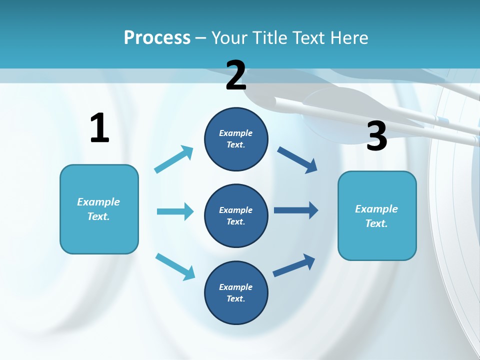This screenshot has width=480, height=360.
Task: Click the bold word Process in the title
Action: [x=157, y=38]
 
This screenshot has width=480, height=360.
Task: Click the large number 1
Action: [x=99, y=128]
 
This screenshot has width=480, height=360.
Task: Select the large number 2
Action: [x=236, y=76]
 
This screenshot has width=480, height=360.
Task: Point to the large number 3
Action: [x=376, y=136]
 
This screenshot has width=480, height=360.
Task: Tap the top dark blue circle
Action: [x=236, y=139]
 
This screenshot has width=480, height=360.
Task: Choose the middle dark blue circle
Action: [x=236, y=215]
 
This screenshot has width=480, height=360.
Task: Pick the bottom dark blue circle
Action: [x=236, y=292]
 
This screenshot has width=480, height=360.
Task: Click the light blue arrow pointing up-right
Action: [x=174, y=159]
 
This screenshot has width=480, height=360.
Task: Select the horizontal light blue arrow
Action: [x=175, y=211]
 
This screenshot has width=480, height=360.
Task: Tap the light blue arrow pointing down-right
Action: [x=175, y=266]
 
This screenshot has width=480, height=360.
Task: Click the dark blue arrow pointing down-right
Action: [x=297, y=159]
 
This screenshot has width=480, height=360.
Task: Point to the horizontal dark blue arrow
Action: [x=296, y=210]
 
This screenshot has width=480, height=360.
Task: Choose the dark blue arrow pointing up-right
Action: [x=294, y=265]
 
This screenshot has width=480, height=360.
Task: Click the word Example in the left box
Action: [x=98, y=202]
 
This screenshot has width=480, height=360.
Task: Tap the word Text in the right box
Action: [x=375, y=223]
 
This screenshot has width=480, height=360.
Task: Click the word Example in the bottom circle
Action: [x=235, y=287]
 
